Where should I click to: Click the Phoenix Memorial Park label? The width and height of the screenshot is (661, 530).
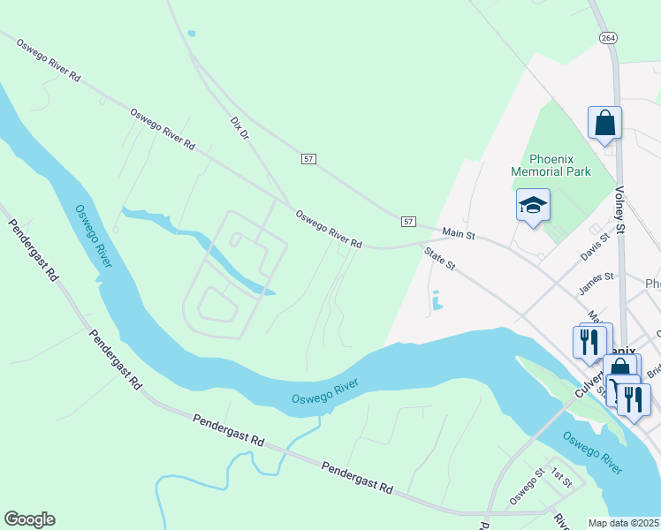pyautogui.click(x=551, y=165)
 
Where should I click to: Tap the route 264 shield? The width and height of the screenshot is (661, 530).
pyautogui.click(x=607, y=38)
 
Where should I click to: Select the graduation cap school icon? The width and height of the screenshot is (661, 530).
pyautogui.click(x=533, y=206)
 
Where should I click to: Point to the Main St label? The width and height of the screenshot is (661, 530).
pyautogui.click(x=459, y=234)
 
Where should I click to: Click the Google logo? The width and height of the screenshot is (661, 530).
pyautogui.click(x=29, y=519)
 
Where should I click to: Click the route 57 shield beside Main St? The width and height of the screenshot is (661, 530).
pyautogui.click(x=407, y=220)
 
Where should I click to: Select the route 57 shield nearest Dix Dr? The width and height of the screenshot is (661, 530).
pyautogui.click(x=308, y=159)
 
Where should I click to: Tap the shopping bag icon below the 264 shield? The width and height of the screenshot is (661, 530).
pyautogui.click(x=604, y=123)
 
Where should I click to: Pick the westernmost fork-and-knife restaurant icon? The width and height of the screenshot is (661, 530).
pyautogui.click(x=589, y=340)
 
